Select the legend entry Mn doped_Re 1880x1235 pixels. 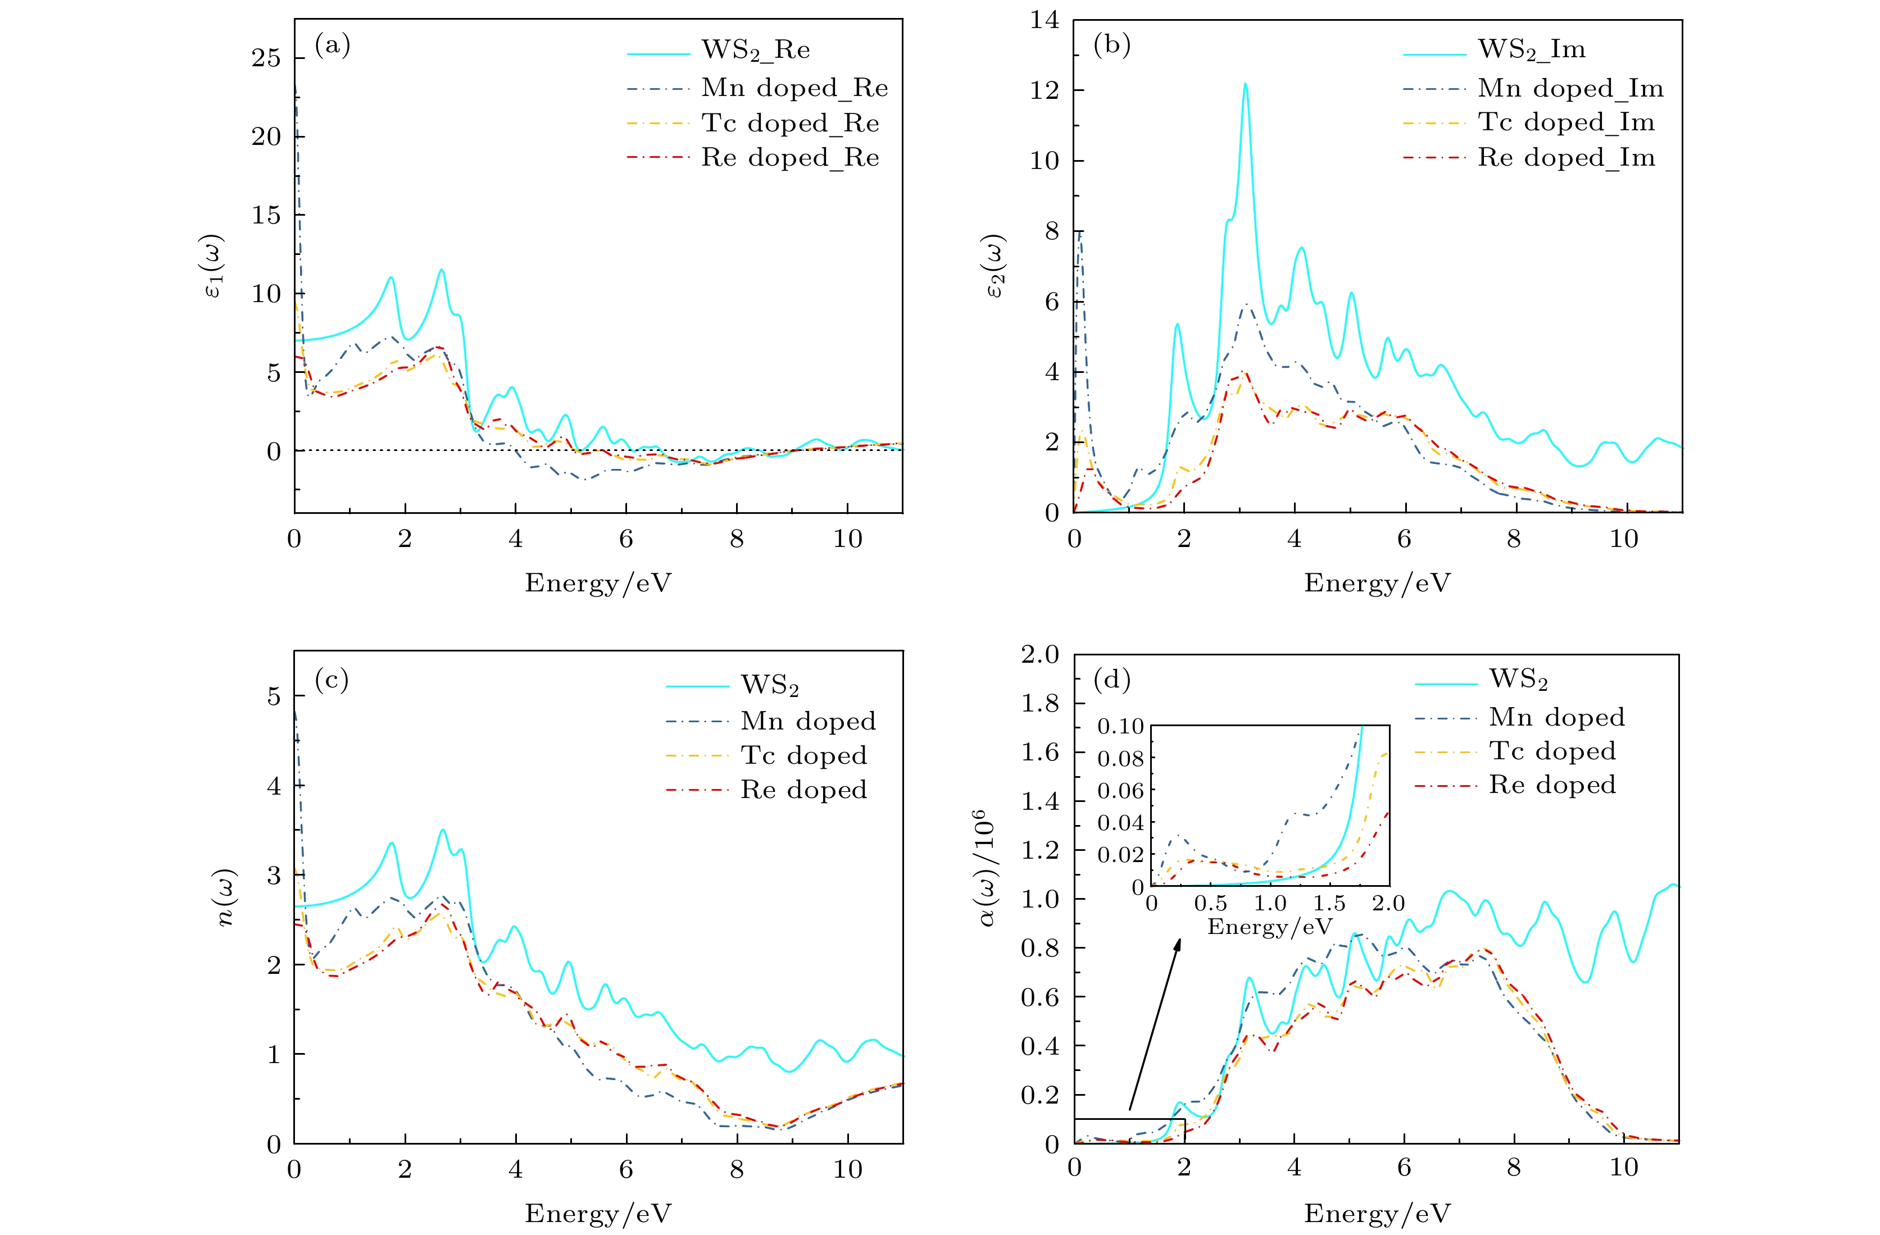coord(794,88)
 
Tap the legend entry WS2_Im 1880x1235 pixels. coord(1531,50)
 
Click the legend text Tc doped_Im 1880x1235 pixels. coord(1565,122)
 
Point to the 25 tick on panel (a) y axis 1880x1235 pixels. coord(266,58)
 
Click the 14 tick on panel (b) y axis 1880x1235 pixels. coord(1045,20)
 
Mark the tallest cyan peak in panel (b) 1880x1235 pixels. coord(1245,84)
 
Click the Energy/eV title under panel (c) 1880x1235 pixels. coord(598,1213)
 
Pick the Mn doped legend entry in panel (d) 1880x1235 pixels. coord(1556,717)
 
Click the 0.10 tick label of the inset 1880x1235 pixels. coord(1120,726)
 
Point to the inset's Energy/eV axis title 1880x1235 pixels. coord(1269,926)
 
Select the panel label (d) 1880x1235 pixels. coord(1111,679)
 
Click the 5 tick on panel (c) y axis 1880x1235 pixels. coord(273,696)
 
